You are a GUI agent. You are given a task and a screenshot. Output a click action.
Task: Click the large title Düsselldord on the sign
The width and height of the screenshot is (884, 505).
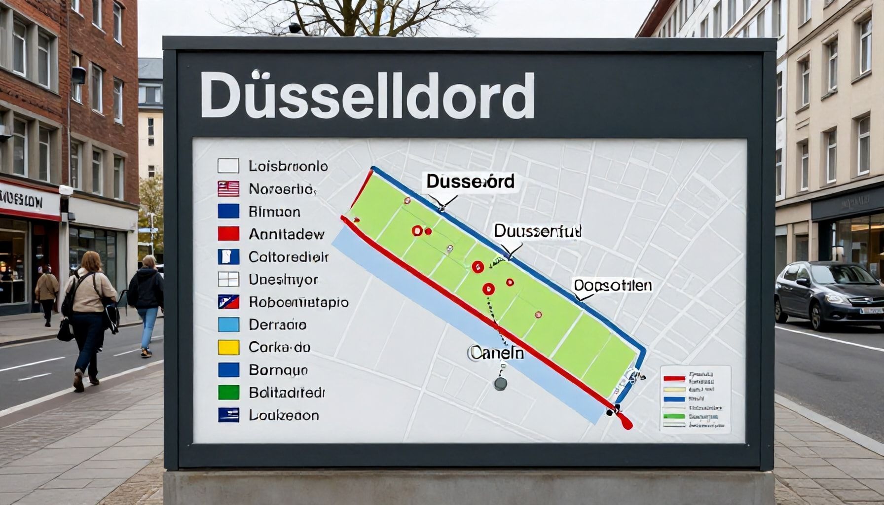[367, 96]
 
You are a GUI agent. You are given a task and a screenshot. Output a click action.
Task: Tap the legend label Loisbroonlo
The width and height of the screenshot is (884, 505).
[288, 166]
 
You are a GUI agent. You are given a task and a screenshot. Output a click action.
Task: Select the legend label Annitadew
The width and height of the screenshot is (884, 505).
[286, 234]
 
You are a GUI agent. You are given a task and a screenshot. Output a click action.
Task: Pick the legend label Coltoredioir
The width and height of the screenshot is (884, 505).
[289, 257]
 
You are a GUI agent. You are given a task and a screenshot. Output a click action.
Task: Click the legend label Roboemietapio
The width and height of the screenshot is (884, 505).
[298, 302]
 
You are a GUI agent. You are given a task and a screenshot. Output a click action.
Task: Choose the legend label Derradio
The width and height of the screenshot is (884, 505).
[278, 325]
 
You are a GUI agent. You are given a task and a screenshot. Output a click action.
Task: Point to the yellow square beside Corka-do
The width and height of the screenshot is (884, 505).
[228, 347]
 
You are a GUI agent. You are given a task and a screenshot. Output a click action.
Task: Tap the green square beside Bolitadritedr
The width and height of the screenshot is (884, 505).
[228, 393]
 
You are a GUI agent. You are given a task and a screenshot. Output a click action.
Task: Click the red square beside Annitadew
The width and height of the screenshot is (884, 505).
[228, 234]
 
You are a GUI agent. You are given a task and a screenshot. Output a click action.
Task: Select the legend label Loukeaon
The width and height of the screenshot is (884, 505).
[284, 415]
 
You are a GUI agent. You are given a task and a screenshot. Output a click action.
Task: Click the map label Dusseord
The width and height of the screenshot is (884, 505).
[470, 181]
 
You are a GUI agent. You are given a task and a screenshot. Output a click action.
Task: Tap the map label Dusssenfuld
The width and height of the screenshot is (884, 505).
[538, 231]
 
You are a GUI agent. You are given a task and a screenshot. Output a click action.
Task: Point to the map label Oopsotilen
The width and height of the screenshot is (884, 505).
[613, 286]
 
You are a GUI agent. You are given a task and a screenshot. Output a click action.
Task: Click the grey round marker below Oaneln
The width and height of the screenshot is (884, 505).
[500, 384]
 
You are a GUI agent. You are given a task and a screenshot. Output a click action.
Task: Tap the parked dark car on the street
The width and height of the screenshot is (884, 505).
[829, 294]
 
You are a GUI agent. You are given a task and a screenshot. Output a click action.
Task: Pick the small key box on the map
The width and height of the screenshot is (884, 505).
[695, 399]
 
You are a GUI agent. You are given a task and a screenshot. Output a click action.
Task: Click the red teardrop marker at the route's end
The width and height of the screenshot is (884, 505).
[625, 422]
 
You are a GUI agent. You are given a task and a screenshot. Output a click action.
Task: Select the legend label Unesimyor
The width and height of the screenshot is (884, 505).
[283, 280]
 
